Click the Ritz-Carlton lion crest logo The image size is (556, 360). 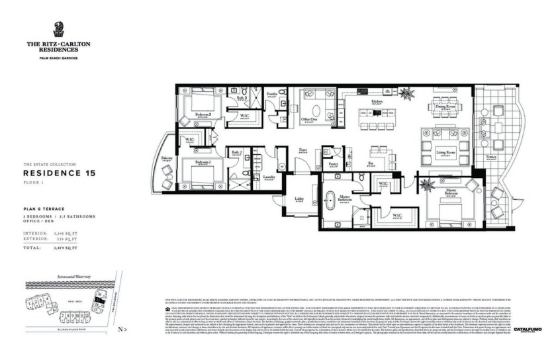coord(58,30)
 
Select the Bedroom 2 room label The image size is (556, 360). coord(203,161)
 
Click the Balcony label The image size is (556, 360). coord(167,158)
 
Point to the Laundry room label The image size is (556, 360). coord(269,177)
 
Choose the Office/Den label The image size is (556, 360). coord(308,119)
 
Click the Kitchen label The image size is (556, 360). coord(377,101)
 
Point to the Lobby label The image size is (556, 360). coord(299,199)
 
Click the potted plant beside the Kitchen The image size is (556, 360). coord(406,94)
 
